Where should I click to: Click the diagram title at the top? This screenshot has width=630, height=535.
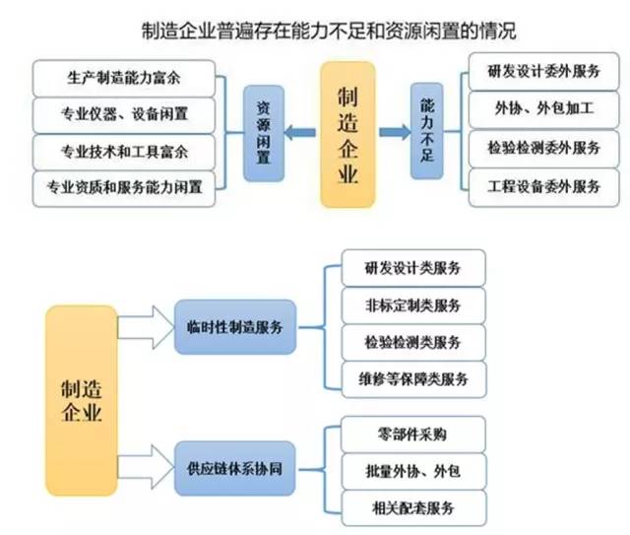coord(329,31)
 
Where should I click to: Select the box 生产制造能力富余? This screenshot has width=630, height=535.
coord(124,78)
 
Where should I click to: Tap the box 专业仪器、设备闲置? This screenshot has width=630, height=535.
coord(124,115)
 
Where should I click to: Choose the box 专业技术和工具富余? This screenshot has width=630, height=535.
coord(124,152)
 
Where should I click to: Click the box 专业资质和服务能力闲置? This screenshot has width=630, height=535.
coord(124,188)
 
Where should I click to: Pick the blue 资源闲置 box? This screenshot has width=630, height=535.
coord(264,133)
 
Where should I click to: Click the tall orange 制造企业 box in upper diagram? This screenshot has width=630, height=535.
coord(347,135)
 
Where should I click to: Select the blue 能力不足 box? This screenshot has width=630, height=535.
coord(426,131)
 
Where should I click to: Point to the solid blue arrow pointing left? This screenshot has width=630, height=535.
coord(300,132)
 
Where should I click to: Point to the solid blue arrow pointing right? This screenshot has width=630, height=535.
coord(395,132)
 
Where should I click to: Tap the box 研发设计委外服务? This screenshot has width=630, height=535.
coord(543,71)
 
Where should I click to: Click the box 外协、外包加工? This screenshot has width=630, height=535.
coord(543,109)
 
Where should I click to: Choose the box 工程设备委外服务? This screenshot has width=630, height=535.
coord(543,187)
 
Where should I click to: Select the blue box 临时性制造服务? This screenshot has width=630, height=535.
coord(235,327)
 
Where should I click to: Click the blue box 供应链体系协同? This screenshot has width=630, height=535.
coord(235,469)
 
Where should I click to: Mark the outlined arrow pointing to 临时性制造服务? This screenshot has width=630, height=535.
coord(146,327)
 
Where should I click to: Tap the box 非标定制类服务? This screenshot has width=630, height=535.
coord(413,305)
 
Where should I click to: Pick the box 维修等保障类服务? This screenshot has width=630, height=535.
coord(413,379)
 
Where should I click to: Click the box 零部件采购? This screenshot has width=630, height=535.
coord(413,435)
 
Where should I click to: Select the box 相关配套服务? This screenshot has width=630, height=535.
coord(413,508)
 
